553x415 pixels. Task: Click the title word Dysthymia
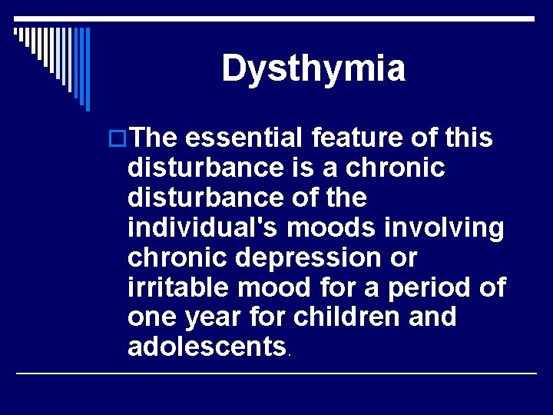[x=313, y=68]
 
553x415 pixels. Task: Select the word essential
[x=245, y=138]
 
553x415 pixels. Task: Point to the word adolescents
[x=207, y=347]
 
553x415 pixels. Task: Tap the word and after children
[x=432, y=317]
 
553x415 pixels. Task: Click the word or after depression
[x=403, y=257]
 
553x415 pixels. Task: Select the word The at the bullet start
[x=155, y=138]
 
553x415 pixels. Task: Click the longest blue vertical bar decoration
[x=88, y=69]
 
